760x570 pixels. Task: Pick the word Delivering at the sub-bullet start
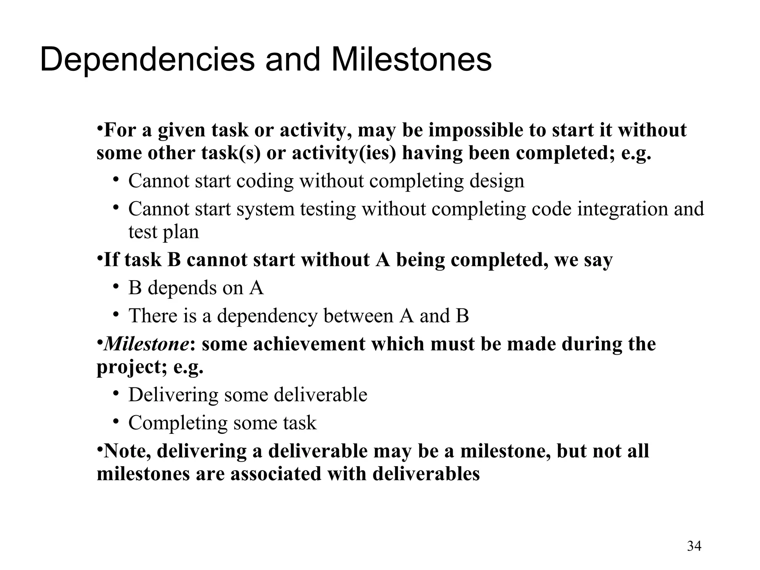173,394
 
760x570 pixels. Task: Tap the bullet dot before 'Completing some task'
116,421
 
